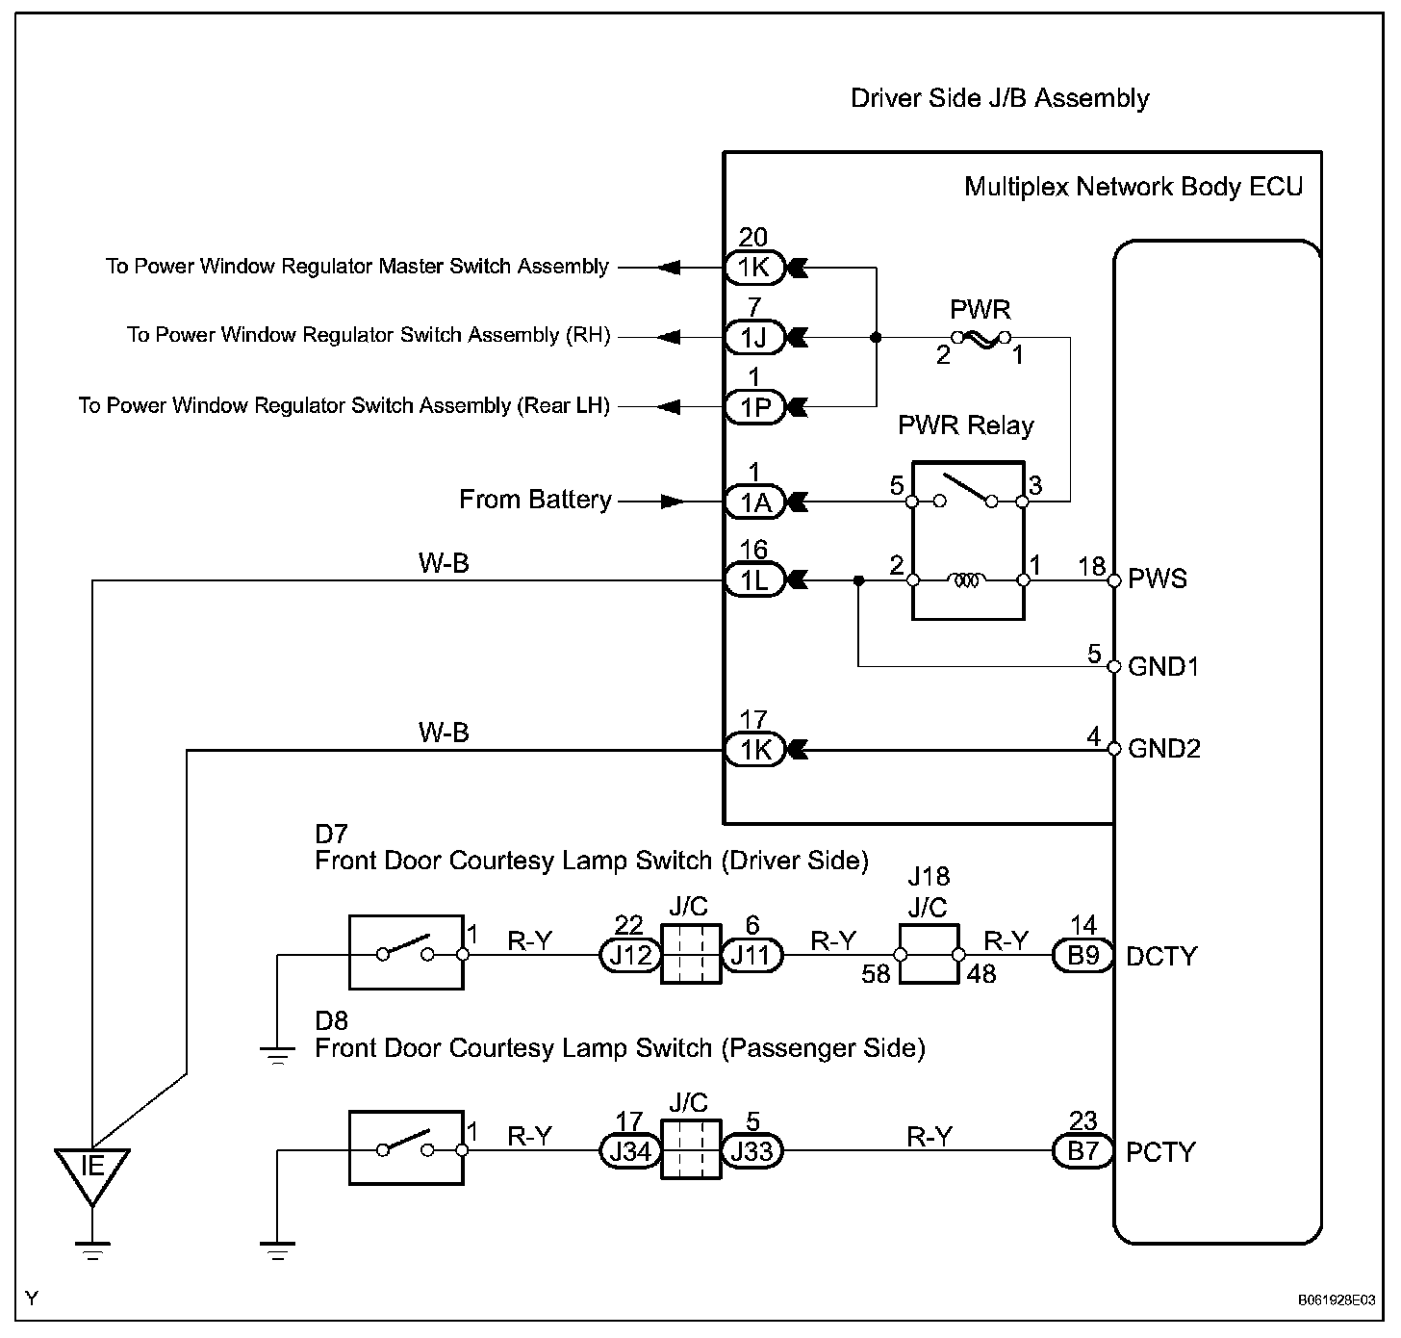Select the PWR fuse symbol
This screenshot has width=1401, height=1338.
pyautogui.click(x=980, y=338)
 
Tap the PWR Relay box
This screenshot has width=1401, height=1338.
pyautogui.click(x=968, y=540)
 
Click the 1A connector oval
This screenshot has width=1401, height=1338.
pyautogui.click(x=755, y=502)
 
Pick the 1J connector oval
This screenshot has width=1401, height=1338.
pyautogui.click(x=755, y=337)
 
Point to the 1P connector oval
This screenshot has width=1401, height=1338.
pyautogui.click(x=755, y=407)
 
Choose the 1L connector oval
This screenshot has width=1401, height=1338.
pyautogui.click(x=755, y=580)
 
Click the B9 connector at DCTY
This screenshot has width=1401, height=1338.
pyautogui.click(x=1083, y=956)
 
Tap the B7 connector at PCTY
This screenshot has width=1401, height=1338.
pyautogui.click(x=1083, y=1151)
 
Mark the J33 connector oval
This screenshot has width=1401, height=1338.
pyautogui.click(x=752, y=1151)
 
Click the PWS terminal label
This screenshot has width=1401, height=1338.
pyautogui.click(x=1158, y=579)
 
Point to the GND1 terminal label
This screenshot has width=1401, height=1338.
pyautogui.click(x=1163, y=666)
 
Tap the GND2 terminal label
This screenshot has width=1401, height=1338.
pyautogui.click(x=1164, y=749)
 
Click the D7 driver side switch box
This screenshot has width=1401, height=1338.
pyautogui.click(x=405, y=953)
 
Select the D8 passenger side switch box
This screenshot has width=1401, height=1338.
pyautogui.click(x=405, y=1147)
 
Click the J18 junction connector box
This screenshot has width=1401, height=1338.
pyautogui.click(x=929, y=954)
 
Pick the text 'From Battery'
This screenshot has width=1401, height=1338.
pyautogui.click(x=535, y=500)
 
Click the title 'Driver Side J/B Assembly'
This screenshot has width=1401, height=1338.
pyautogui.click(x=1000, y=98)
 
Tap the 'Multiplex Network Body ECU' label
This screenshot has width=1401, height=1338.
pyautogui.click(x=1134, y=187)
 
